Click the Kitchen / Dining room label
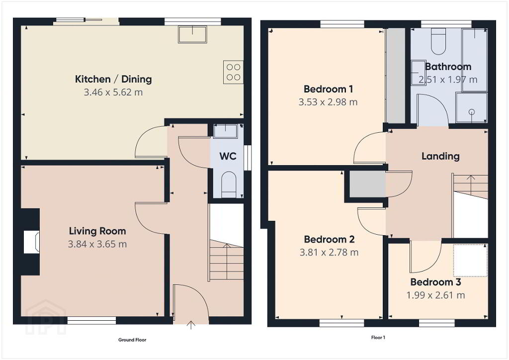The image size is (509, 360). click(x=113, y=79)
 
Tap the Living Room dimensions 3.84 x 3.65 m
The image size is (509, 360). click(x=97, y=244)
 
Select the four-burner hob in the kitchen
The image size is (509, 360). click(x=234, y=72)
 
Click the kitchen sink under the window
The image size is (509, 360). click(x=192, y=35)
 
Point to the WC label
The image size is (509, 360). click(x=228, y=156)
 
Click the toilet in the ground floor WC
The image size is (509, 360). click(x=229, y=184)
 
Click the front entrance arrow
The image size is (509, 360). click(x=191, y=325)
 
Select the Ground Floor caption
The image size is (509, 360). click(x=132, y=340)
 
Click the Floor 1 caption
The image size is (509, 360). click(x=378, y=338)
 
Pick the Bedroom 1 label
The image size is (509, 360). click(x=328, y=89)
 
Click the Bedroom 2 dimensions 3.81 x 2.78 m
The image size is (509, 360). click(x=329, y=253)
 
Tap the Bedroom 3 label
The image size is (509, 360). click(x=435, y=282)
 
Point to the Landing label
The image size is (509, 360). click(x=440, y=156)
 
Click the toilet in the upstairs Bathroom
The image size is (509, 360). click(x=438, y=41)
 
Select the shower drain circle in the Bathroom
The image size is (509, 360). click(x=472, y=112)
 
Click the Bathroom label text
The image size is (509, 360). click(x=448, y=67)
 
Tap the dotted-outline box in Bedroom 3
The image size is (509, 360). click(x=470, y=261)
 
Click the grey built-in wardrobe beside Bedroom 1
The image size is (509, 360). click(x=396, y=76)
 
